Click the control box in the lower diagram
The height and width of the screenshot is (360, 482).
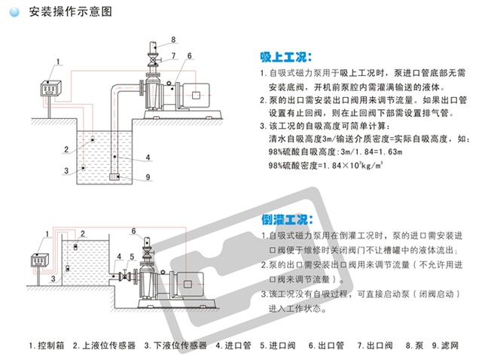(38, 262)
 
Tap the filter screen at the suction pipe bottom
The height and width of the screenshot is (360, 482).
(115, 176)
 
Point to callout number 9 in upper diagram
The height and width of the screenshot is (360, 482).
(148, 177)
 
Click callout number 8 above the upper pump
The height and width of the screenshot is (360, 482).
(172, 39)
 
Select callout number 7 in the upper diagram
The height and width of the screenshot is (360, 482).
(172, 55)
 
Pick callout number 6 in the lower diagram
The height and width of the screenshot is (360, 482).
(135, 230)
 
